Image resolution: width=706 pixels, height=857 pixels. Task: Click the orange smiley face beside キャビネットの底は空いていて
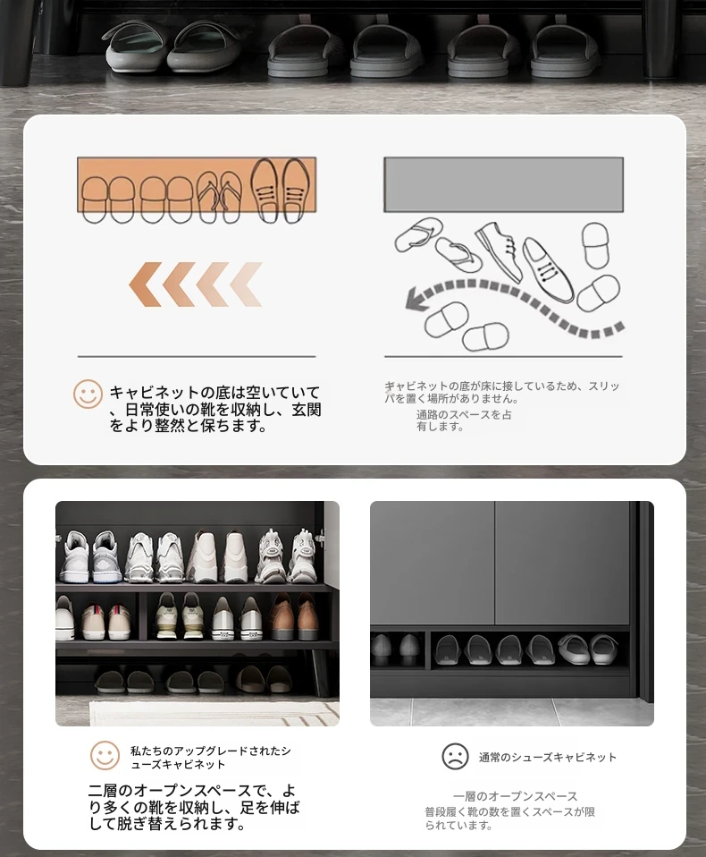click(88, 395)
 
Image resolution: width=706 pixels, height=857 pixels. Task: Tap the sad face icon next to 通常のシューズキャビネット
click(455, 757)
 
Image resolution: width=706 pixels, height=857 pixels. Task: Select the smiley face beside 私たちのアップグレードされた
click(105, 755)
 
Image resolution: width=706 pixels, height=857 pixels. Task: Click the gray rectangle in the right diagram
click(503, 185)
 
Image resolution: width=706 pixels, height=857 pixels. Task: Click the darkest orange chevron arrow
click(146, 284)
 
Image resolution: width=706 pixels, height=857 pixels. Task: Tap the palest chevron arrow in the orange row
click(247, 284)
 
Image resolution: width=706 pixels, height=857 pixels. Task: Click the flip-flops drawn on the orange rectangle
click(219, 197)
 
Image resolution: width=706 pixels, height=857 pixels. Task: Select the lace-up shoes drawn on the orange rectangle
click(280, 190)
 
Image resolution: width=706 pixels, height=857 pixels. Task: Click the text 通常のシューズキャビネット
click(548, 757)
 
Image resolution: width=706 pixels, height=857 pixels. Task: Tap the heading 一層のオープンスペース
click(515, 796)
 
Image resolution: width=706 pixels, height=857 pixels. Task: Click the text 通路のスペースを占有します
click(464, 420)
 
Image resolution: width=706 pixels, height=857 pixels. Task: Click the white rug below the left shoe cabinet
click(214, 713)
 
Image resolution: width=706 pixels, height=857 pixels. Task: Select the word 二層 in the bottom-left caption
click(103, 791)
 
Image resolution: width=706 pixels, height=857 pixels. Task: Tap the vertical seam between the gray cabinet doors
click(495, 564)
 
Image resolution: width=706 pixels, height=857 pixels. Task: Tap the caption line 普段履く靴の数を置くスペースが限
click(509, 812)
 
